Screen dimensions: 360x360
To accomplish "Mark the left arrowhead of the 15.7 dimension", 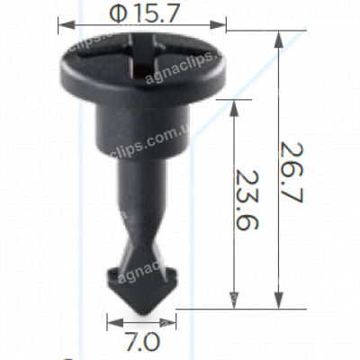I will click(63, 25).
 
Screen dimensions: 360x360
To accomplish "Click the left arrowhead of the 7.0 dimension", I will click(111, 322).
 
